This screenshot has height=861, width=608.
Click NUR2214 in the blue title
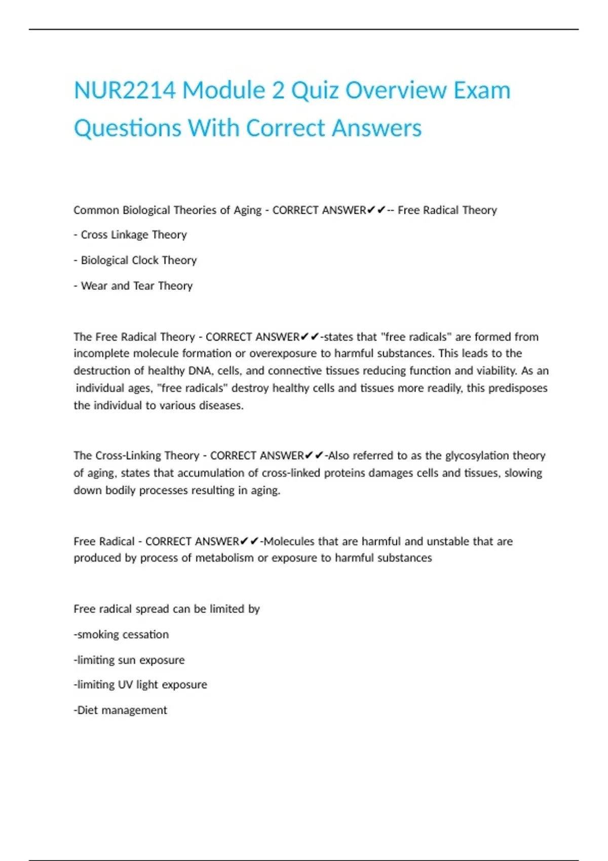125,91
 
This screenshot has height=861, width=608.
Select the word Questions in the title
128,128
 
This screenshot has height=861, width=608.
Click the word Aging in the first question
247,210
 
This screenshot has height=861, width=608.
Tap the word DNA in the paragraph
200,371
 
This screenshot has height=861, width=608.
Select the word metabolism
224,558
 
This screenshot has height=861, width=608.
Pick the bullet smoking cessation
122,635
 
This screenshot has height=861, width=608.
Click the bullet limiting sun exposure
130,660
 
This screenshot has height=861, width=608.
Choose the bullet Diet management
121,711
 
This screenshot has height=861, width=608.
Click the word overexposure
283,354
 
